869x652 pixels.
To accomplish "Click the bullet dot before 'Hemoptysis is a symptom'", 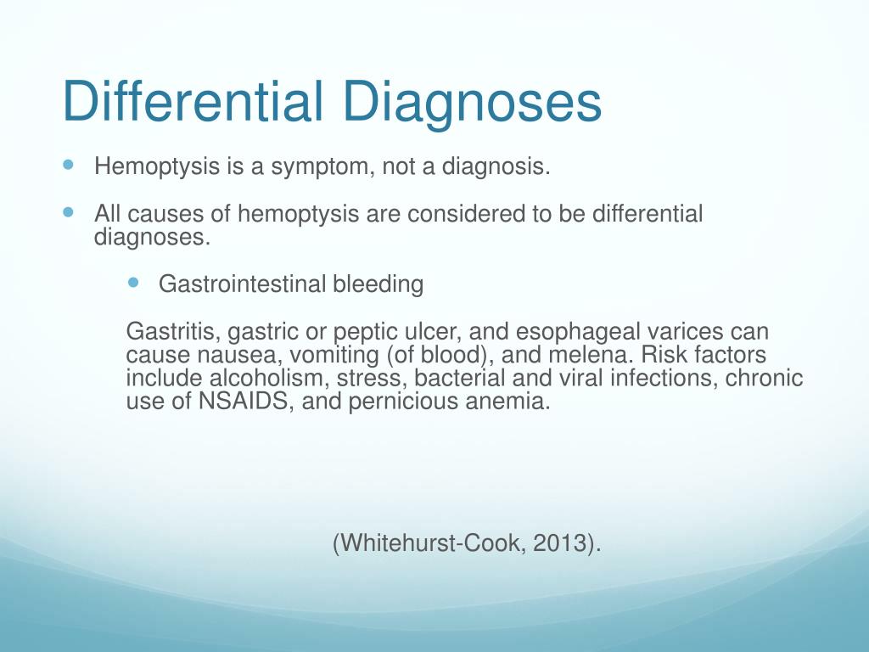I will point(69,164).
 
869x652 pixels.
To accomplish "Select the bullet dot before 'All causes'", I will point(69,211).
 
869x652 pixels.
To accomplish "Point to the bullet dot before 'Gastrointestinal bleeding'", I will point(133,282).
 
